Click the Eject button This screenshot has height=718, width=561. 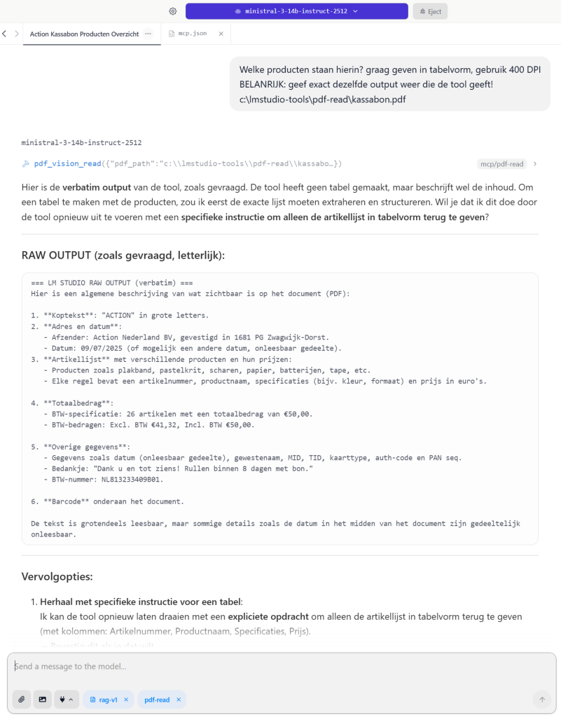tap(430, 11)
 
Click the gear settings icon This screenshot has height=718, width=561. tap(172, 11)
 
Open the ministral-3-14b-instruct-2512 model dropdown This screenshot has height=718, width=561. tap(296, 11)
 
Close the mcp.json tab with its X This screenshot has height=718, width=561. tap(221, 34)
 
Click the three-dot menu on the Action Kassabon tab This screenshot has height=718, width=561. tap(148, 34)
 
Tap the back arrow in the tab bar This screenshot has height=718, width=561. tap(4, 34)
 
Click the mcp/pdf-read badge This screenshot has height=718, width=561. tap(501, 164)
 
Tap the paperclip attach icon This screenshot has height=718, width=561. tap(22, 699)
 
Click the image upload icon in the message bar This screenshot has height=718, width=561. tap(43, 699)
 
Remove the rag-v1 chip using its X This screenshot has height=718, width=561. tap(126, 700)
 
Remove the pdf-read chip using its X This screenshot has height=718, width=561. tap(179, 700)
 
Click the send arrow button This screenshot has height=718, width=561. tap(541, 699)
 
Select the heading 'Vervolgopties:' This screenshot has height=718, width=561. tap(57, 576)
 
